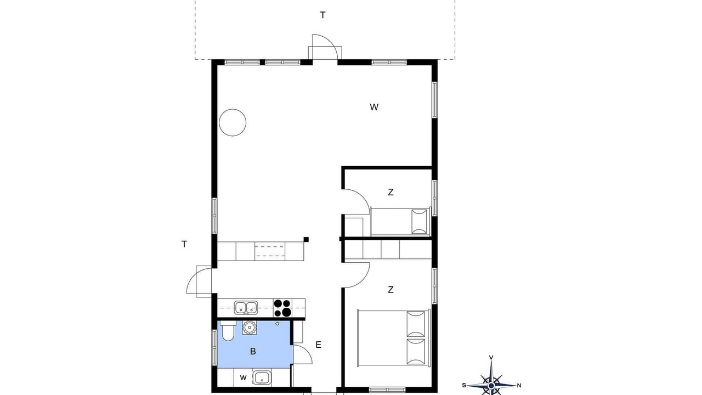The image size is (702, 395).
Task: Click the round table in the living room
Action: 233,122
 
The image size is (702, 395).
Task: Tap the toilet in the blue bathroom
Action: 227,330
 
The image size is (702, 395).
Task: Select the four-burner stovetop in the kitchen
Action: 282,308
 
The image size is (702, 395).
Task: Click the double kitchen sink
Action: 246,308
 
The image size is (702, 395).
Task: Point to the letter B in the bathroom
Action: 253,352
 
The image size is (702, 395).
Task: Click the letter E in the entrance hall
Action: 319,345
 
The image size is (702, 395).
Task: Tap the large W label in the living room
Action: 374,107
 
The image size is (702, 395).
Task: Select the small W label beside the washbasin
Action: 243,378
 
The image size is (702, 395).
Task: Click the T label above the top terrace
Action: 322,15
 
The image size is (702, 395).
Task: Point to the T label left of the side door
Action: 184,244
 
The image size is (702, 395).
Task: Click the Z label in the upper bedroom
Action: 390,192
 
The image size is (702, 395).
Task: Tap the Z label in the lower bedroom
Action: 390,290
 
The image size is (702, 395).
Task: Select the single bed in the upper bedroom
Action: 400,222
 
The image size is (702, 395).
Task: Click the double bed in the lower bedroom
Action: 394,337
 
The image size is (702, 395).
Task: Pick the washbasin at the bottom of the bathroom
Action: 262,377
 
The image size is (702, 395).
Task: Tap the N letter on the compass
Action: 519,386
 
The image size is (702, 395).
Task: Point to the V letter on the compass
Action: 491,357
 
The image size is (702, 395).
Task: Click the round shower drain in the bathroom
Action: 277,324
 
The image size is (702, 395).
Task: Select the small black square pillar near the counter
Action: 306,240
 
